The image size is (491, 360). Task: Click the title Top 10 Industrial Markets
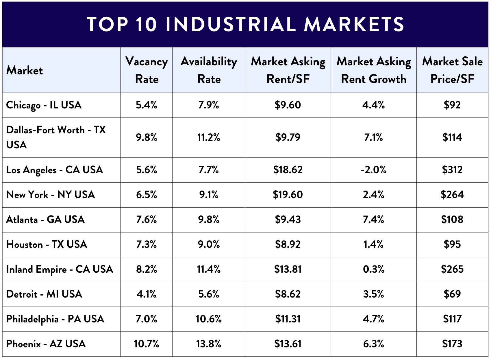coord(245,24)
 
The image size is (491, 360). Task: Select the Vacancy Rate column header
coord(147,70)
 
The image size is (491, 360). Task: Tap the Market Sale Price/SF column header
coord(452,70)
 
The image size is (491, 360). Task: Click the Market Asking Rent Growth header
coord(374,70)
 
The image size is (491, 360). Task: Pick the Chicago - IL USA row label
coord(44,105)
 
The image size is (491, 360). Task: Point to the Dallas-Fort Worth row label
coord(56,137)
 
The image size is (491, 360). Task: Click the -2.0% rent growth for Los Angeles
coord(374,170)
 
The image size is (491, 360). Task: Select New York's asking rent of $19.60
coord(288,195)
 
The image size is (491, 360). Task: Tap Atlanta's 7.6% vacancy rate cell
coord(147,219)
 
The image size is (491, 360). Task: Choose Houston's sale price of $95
coord(452,244)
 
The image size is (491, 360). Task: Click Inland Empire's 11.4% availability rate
coord(209,269)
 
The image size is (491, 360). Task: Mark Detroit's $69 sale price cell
coord(452,294)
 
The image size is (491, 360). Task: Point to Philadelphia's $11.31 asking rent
coord(288,319)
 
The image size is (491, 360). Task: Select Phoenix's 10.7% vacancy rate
coord(147,344)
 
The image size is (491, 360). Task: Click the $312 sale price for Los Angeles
coord(452,170)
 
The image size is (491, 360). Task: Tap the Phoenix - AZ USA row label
coord(46,344)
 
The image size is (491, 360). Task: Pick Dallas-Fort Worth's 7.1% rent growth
coord(374,137)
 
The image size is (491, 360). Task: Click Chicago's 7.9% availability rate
coord(209,105)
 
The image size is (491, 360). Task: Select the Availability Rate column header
coord(209,70)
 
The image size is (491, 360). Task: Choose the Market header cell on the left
coord(25,71)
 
